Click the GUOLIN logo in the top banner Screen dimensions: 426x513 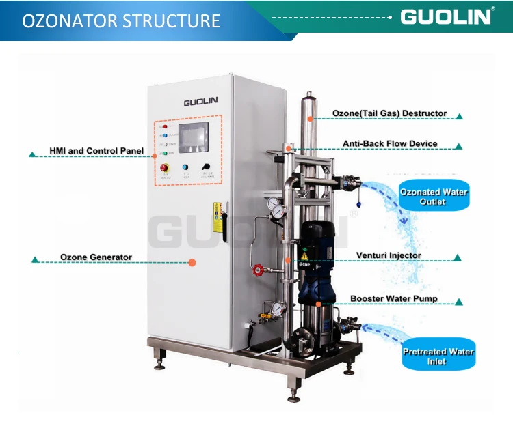(446, 16)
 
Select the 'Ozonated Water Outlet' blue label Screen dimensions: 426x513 (433, 197)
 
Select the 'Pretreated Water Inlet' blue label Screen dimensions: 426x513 (438, 356)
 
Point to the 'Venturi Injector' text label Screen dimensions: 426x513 (389, 256)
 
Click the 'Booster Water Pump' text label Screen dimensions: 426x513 (394, 298)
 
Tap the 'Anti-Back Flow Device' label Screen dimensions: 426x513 (389, 144)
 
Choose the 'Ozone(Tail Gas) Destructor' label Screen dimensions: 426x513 (389, 113)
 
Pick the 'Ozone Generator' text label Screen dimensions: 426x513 (96, 257)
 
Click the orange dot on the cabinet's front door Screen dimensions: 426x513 (192, 262)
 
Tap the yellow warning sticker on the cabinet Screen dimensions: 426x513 (218, 210)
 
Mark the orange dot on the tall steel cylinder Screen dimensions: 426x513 (310, 118)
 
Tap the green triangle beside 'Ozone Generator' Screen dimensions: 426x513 (34, 259)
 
